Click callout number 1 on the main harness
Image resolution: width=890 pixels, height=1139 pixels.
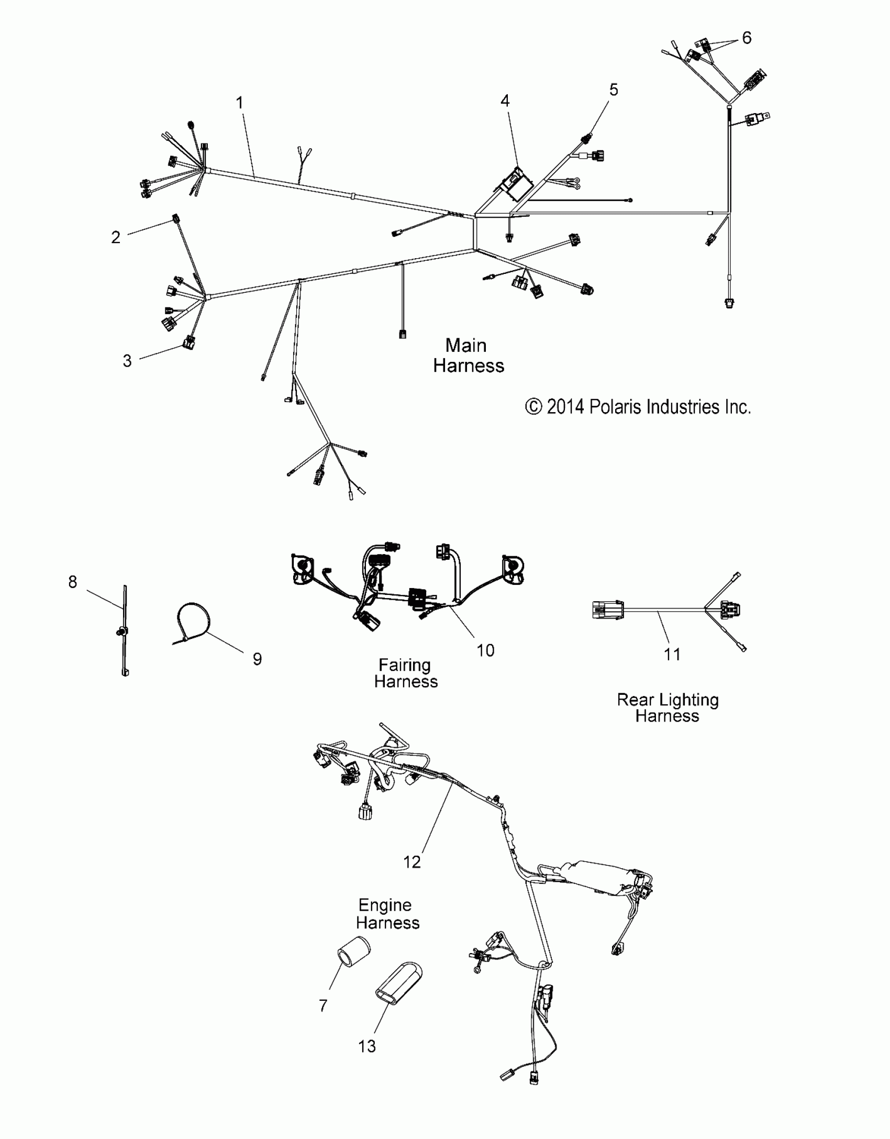pyautogui.click(x=240, y=103)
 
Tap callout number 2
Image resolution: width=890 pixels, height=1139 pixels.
pyautogui.click(x=116, y=237)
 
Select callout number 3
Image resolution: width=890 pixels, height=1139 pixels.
pyautogui.click(x=127, y=361)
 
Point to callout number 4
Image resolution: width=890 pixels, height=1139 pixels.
pyautogui.click(x=505, y=101)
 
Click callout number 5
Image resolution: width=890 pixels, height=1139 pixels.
pyautogui.click(x=614, y=90)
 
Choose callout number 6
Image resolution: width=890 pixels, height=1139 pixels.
pyautogui.click(x=747, y=38)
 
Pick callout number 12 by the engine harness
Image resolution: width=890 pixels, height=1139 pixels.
pyautogui.click(x=412, y=862)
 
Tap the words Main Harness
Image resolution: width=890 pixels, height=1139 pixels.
pyautogui.click(x=468, y=356)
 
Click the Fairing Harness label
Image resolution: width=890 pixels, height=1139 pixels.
pyautogui.click(x=406, y=673)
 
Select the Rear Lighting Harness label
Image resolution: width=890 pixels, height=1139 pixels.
pyautogui.click(x=667, y=708)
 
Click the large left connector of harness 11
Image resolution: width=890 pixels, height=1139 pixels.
pyautogui.click(x=607, y=610)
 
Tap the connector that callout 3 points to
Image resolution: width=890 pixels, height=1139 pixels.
pyautogui.click(x=188, y=344)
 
